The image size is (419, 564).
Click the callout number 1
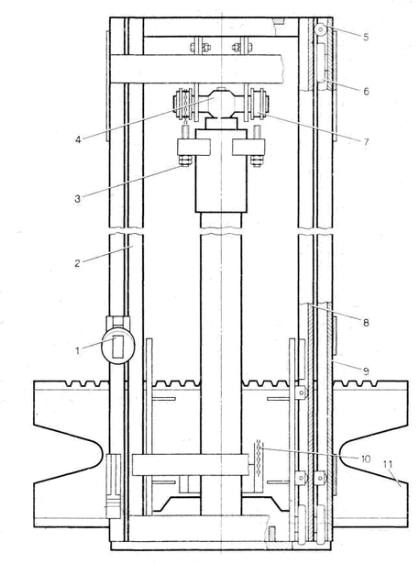pyautogui.click(x=77, y=350)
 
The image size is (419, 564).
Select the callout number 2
pyautogui.click(x=77, y=263)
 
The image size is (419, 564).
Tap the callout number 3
pyautogui.click(x=78, y=198)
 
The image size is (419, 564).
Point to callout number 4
pyautogui.click(x=78, y=139)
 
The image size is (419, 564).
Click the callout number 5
pyautogui.click(x=366, y=37)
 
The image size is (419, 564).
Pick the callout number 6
pyautogui.click(x=366, y=92)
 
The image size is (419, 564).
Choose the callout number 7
pyautogui.click(x=366, y=142)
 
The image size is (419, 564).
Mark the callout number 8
pyautogui.click(x=366, y=323)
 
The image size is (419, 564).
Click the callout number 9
pyautogui.click(x=366, y=370)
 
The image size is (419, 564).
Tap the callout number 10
pyautogui.click(x=366, y=459)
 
